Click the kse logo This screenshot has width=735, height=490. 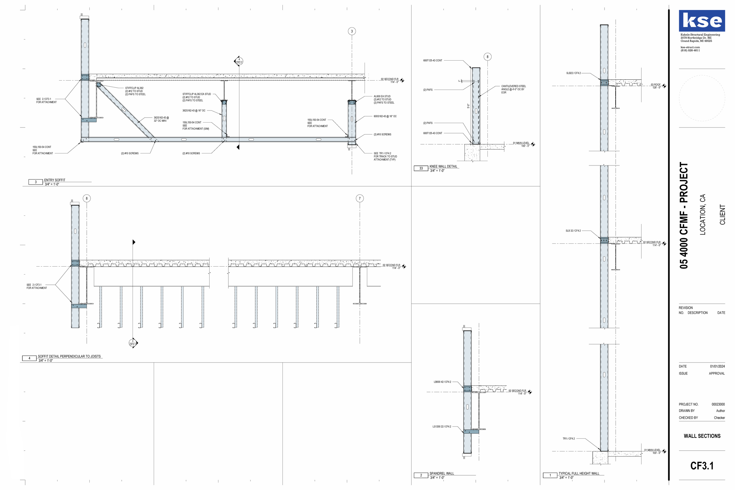pyautogui.click(x=701, y=21)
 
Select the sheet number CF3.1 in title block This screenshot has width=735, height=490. pyautogui.click(x=702, y=466)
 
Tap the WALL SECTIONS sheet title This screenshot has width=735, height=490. pyautogui.click(x=702, y=436)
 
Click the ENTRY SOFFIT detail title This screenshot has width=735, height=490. pyautogui.click(x=55, y=180)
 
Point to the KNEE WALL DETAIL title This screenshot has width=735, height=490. pyautogui.click(x=443, y=166)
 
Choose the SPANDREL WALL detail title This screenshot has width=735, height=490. pyautogui.click(x=442, y=474)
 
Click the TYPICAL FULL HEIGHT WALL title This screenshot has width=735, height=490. pyautogui.click(x=579, y=474)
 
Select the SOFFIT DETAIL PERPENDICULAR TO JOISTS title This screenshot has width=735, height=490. pyautogui.click(x=69, y=356)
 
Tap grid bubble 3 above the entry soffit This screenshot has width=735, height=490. pyautogui.click(x=352, y=31)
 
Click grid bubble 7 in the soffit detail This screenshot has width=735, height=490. pyautogui.click(x=360, y=198)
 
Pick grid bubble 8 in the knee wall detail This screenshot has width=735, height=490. pyautogui.click(x=487, y=57)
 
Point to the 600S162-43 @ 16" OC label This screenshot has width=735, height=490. pyautogui.click(x=385, y=116)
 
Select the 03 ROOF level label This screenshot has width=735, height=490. pyautogui.click(x=656, y=85)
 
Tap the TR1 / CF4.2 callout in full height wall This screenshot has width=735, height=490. pyautogui.click(x=569, y=439)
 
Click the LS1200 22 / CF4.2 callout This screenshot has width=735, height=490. pyautogui.click(x=442, y=427)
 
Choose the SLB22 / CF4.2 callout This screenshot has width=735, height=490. pyautogui.click(x=573, y=73)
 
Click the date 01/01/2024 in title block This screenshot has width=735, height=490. pyautogui.click(x=717, y=366)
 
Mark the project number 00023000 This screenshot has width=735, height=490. pyautogui.click(x=718, y=404)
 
